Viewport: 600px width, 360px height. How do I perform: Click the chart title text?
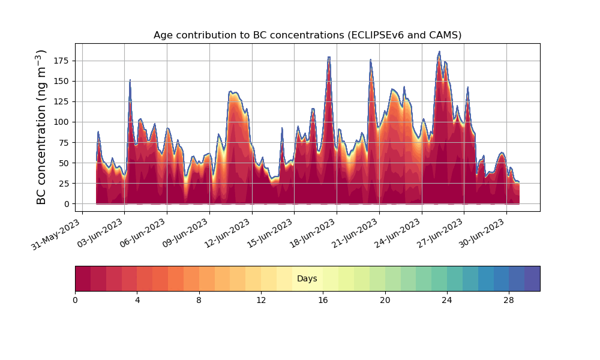307,35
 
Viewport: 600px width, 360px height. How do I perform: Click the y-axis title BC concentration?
41,127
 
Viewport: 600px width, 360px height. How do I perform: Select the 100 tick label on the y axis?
62,122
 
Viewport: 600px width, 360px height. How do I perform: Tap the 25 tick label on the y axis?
65,183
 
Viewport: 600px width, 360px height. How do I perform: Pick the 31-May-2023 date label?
56,235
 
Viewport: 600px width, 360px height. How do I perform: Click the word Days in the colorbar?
307,278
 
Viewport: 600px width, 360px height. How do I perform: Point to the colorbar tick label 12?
261,301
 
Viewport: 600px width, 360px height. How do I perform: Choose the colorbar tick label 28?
509,301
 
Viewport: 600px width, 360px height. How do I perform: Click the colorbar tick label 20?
385,301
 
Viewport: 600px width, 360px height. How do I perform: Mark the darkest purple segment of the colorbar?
532,278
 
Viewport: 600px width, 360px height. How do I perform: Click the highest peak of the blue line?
439,51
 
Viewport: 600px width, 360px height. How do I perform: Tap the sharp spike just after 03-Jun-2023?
130,80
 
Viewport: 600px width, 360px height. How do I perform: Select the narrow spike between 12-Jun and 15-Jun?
282,128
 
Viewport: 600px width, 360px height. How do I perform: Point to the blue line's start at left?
97,160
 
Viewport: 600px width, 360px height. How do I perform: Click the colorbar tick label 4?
137,301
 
